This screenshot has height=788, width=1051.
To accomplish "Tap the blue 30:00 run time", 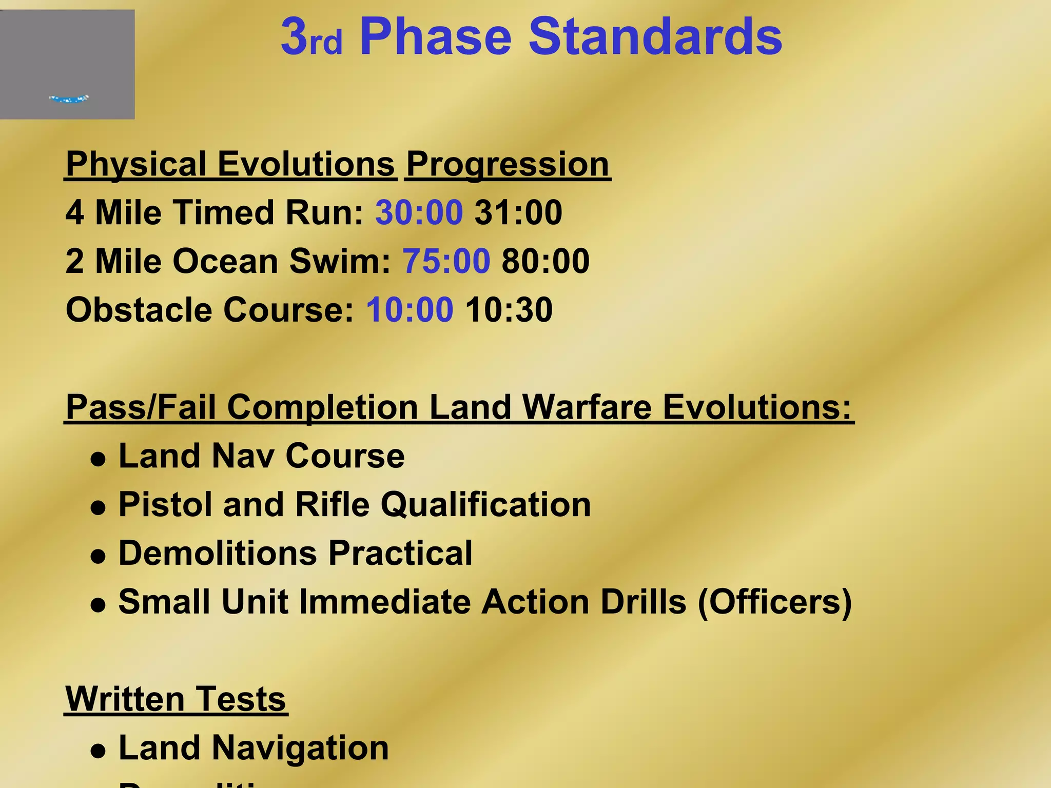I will coord(419,212).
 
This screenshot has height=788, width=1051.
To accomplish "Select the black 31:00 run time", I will coord(518,212).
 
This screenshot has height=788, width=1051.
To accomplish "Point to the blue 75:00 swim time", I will coord(446,261).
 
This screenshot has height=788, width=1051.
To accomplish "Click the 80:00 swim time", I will coord(546,261).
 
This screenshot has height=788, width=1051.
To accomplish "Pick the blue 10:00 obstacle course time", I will coord(410,310).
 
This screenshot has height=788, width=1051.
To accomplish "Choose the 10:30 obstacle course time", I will coord(509,310).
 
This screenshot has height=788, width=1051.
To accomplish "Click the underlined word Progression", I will coord(508,164).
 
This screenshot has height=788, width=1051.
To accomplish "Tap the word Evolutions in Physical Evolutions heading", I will coord(306,164).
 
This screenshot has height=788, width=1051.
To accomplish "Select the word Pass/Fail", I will coord(141,407).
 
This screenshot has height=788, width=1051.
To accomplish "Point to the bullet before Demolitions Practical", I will coord(98,557).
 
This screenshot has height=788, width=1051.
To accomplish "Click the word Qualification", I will coord(485,504).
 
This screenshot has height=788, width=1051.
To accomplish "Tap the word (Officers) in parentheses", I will coord(775,601).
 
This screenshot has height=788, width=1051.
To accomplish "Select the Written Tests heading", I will coord(176,699).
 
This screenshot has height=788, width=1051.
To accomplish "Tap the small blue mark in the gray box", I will coord(69,98).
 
